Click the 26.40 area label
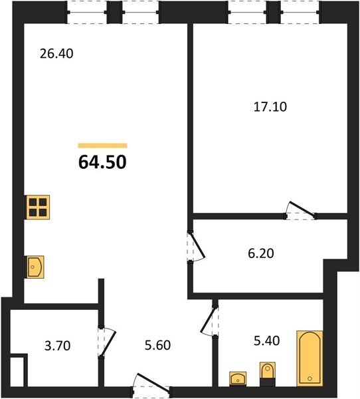(x=56, y=54)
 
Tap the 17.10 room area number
(x=270, y=107)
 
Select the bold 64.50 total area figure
(x=102, y=162)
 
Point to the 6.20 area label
(x=261, y=253)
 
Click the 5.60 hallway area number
(x=157, y=345)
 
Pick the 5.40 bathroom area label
(x=267, y=340)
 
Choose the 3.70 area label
(x=58, y=346)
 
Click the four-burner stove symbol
(x=38, y=207)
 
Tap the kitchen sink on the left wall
(x=36, y=267)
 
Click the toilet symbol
(x=268, y=374)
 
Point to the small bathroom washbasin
(x=238, y=379)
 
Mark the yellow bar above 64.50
(x=102, y=146)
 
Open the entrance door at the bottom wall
(x=153, y=381)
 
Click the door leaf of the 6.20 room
(x=197, y=244)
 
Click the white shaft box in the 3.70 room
(x=17, y=371)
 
